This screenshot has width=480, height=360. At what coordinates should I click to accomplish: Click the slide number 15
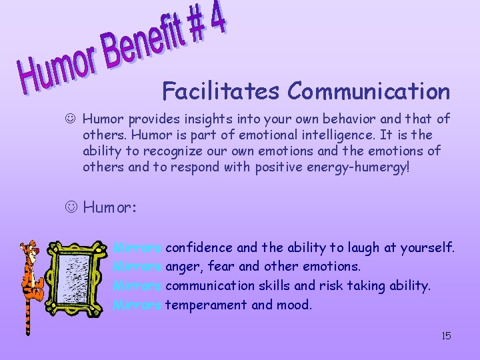pos(446,336)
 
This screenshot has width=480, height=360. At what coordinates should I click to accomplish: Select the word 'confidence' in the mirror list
pos(199,248)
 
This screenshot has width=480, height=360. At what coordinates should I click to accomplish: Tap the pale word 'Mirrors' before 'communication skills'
pos(137,286)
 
